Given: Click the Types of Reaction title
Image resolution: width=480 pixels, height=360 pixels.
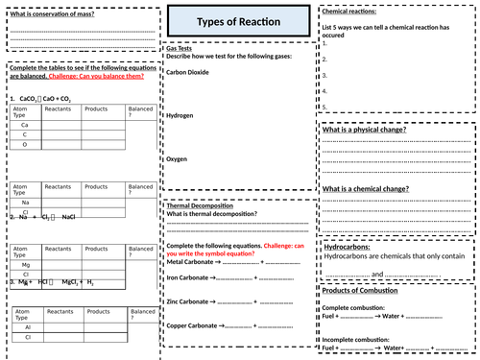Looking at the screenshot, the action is [240, 21].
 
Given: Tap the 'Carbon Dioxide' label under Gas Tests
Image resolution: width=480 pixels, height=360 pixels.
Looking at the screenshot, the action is [189, 71].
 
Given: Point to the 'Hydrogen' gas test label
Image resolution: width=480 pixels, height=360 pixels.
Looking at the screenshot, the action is [180, 115].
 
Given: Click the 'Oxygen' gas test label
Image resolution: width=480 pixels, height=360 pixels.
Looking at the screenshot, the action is [178, 158].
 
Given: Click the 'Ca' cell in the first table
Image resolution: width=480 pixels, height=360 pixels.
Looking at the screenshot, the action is [25, 125].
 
